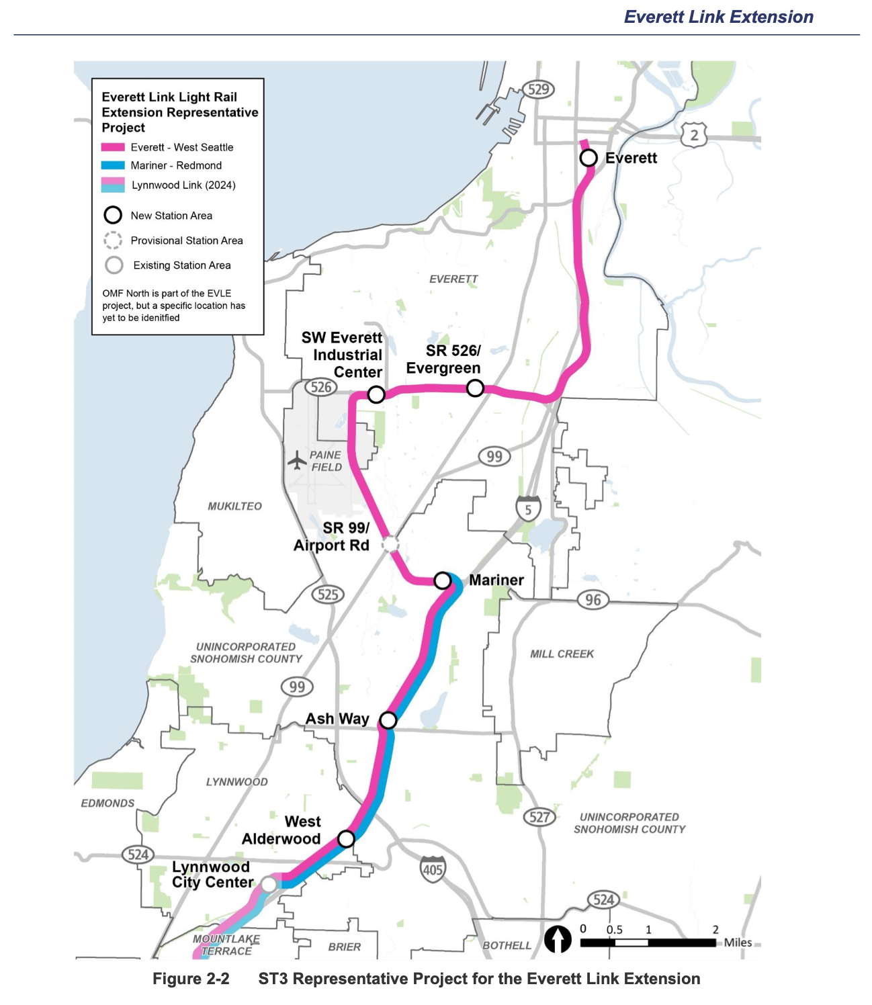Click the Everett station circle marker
588,158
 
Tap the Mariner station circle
443,580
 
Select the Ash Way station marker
388,720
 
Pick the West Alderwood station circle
346,838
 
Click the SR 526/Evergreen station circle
475,388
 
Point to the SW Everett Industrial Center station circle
376,394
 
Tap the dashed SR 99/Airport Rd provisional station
390,544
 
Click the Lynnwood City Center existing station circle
268,885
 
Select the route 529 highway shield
538,89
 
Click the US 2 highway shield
694,135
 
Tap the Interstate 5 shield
528,509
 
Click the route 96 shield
593,600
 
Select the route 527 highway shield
539,817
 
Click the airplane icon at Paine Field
297,460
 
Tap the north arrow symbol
557,939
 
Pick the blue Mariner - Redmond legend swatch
113,165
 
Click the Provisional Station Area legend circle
113,241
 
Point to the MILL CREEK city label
562,654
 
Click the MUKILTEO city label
234,506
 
